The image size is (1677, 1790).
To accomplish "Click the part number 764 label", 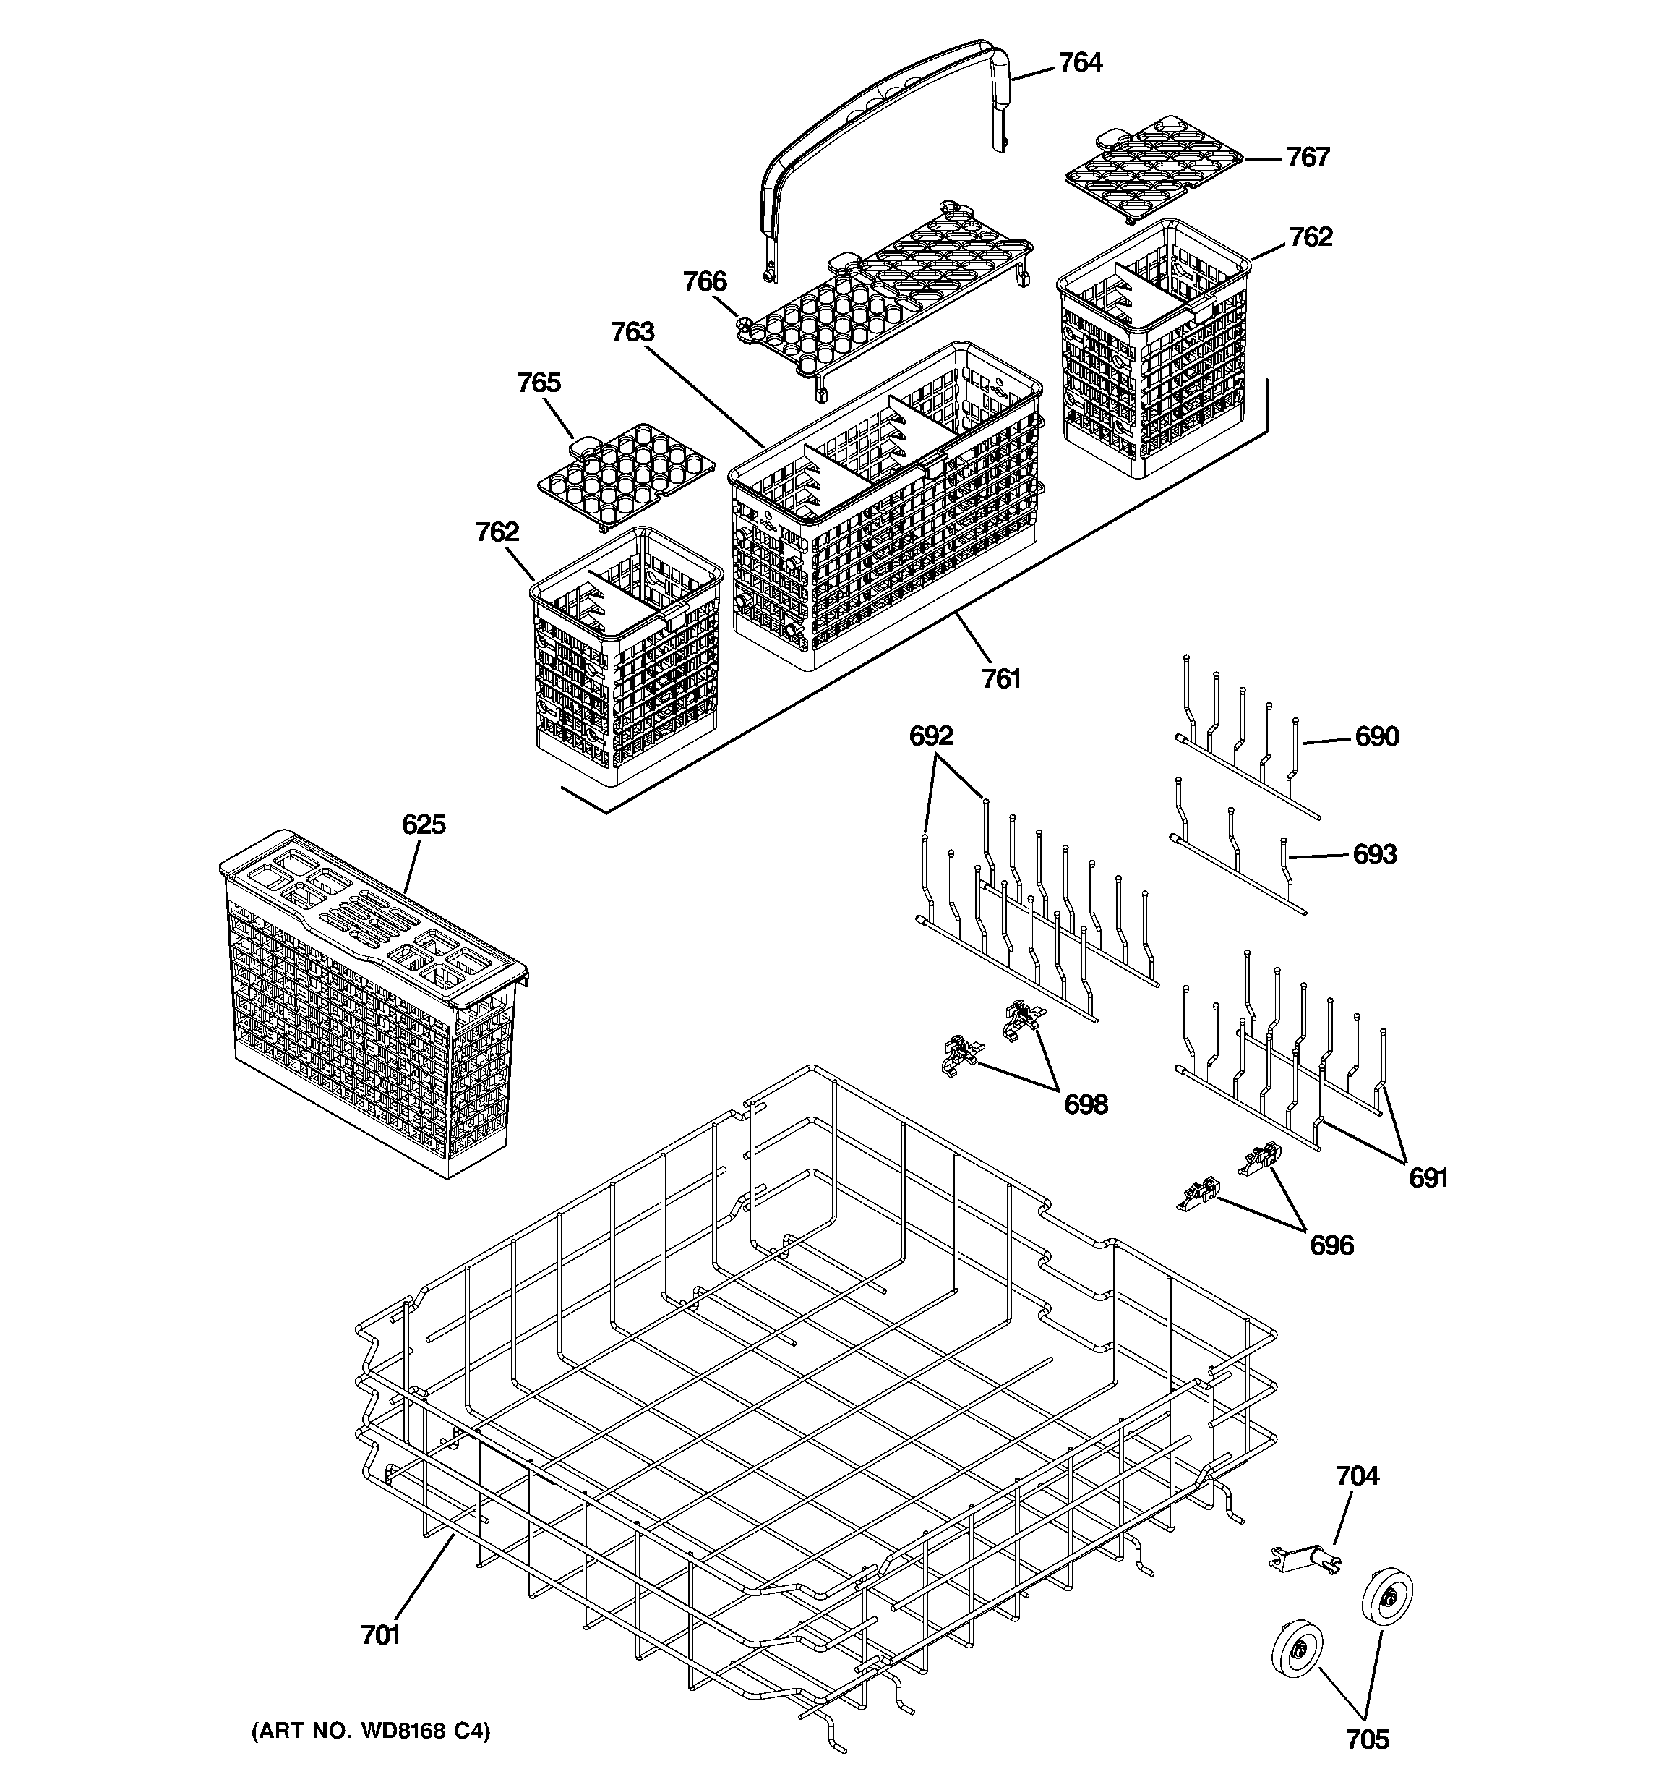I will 1079,62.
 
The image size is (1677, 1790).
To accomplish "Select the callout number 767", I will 1307,158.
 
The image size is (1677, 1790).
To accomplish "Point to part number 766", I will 704,282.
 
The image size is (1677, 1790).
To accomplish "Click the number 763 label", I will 632,332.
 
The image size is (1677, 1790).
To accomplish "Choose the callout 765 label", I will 539,383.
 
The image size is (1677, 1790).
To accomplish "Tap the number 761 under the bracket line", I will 1000,678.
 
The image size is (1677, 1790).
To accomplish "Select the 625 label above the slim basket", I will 423,824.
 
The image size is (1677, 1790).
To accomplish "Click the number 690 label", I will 1376,736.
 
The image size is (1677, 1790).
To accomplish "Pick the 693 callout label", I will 1375,853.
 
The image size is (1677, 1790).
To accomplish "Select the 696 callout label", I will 1331,1245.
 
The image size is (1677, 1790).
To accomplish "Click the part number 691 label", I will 1428,1177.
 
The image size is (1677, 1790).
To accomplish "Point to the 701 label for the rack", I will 380,1635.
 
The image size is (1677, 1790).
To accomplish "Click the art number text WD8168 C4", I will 370,1731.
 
